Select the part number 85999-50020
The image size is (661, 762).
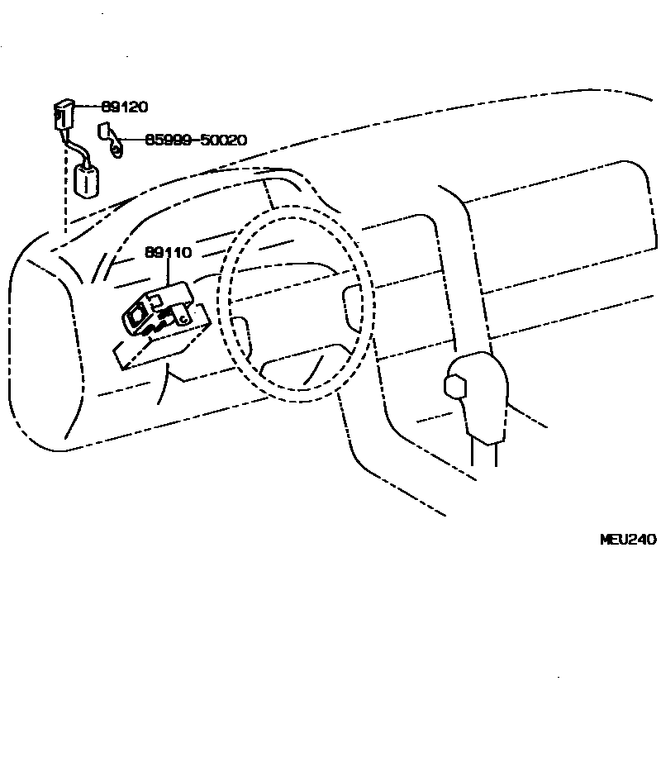[x=196, y=140]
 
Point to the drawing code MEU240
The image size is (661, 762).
[x=627, y=540]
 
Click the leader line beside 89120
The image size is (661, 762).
[x=89, y=107]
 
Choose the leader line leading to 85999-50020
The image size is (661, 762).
[x=132, y=140]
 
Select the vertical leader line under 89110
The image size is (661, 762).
[x=169, y=272]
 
